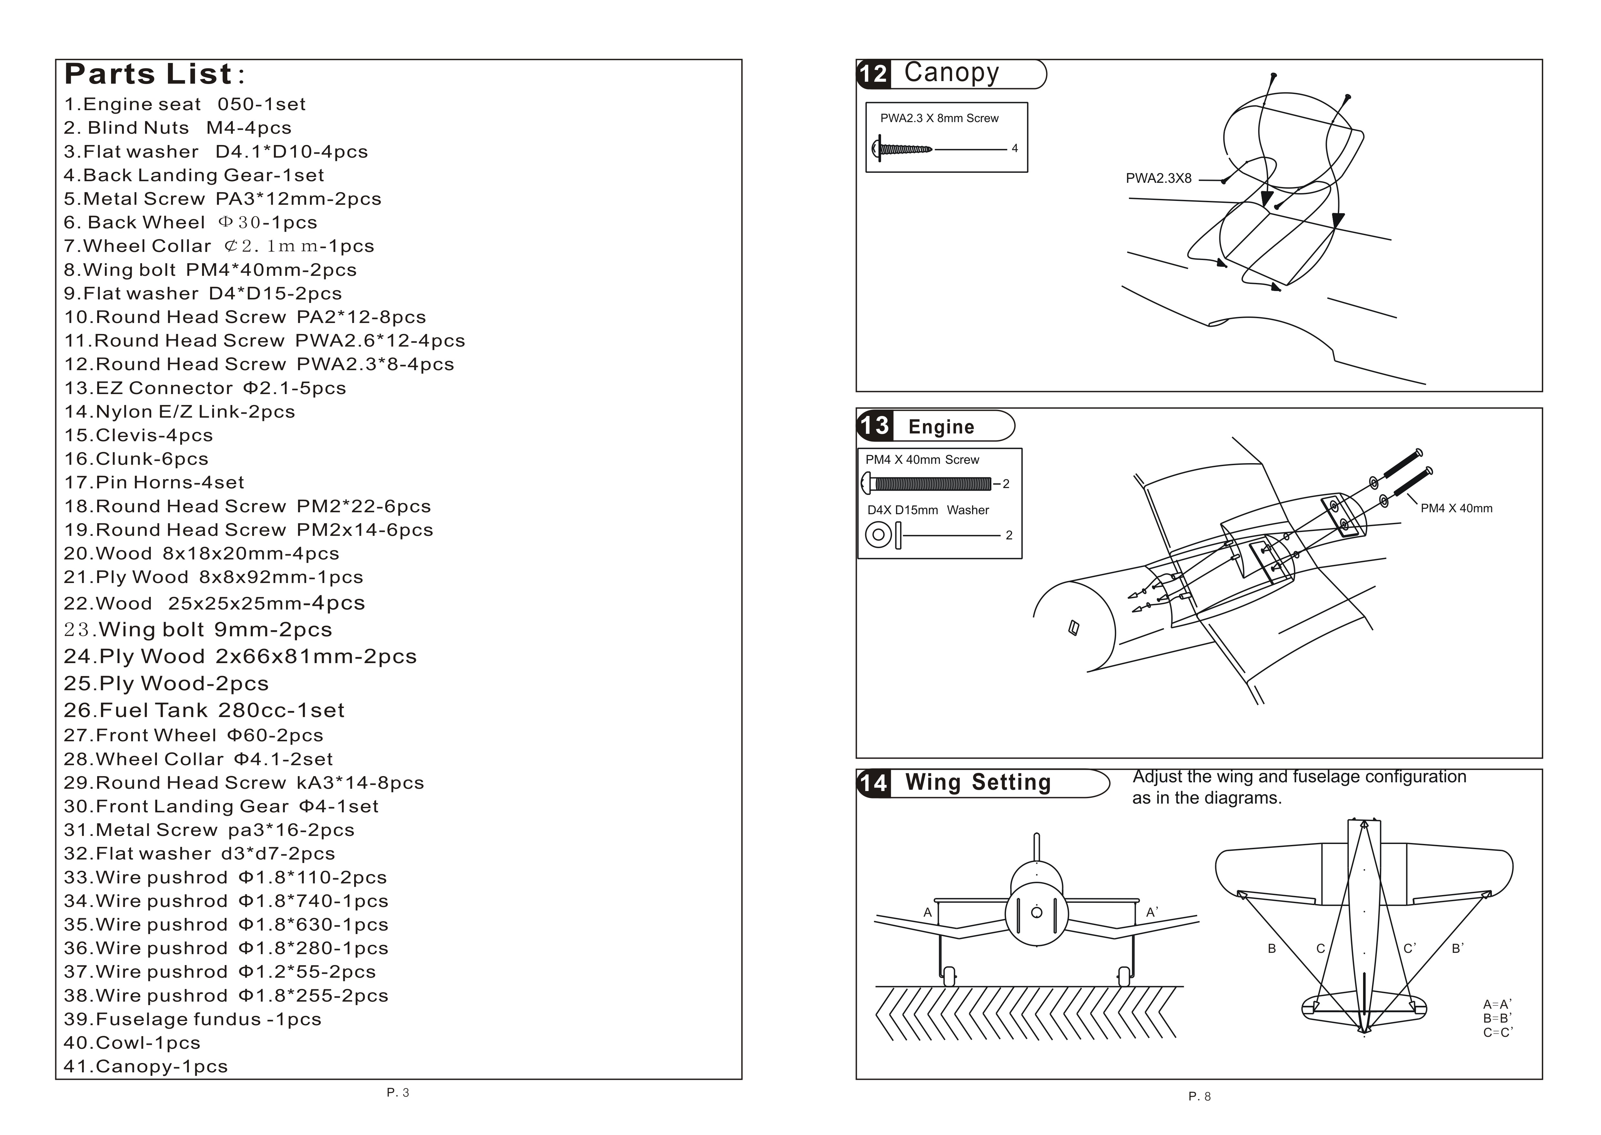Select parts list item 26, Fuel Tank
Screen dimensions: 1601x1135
tap(204, 710)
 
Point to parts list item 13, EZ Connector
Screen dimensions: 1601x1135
tap(205, 388)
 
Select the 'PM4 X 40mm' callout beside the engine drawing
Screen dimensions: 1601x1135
tap(1456, 508)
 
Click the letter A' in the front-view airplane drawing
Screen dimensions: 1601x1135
tap(1152, 912)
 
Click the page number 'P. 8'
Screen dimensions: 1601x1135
tap(1199, 1097)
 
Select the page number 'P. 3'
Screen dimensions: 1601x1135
tap(397, 1092)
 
